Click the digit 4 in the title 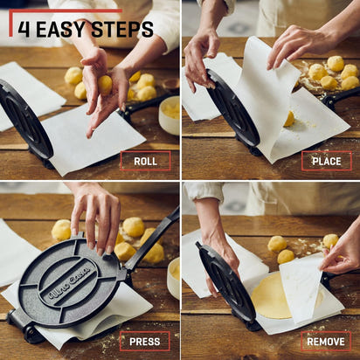[23, 29]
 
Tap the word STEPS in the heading [124, 29]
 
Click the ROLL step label [145, 161]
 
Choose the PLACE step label [326, 161]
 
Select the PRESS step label [145, 341]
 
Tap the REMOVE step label [326, 341]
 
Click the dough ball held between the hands [105, 85]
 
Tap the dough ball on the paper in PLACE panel [288, 118]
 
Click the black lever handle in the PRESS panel [157, 232]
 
